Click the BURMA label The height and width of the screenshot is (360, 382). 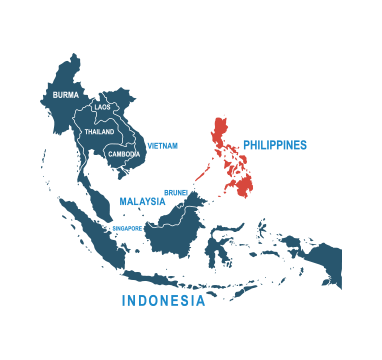click(x=65, y=95)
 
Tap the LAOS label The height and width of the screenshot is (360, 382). click(x=102, y=106)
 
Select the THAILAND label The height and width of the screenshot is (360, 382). click(x=99, y=131)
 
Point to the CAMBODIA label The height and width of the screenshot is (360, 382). click(x=124, y=154)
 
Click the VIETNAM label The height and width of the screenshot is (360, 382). click(x=162, y=145)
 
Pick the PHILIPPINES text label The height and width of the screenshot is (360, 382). click(x=274, y=145)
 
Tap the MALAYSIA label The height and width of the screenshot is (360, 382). click(x=142, y=201)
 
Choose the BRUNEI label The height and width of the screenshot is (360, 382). click(x=176, y=192)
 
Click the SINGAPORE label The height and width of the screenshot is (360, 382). click(x=127, y=228)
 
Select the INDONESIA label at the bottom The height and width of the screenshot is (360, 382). click(x=163, y=300)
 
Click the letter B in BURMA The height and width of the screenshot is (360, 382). click(x=54, y=95)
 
